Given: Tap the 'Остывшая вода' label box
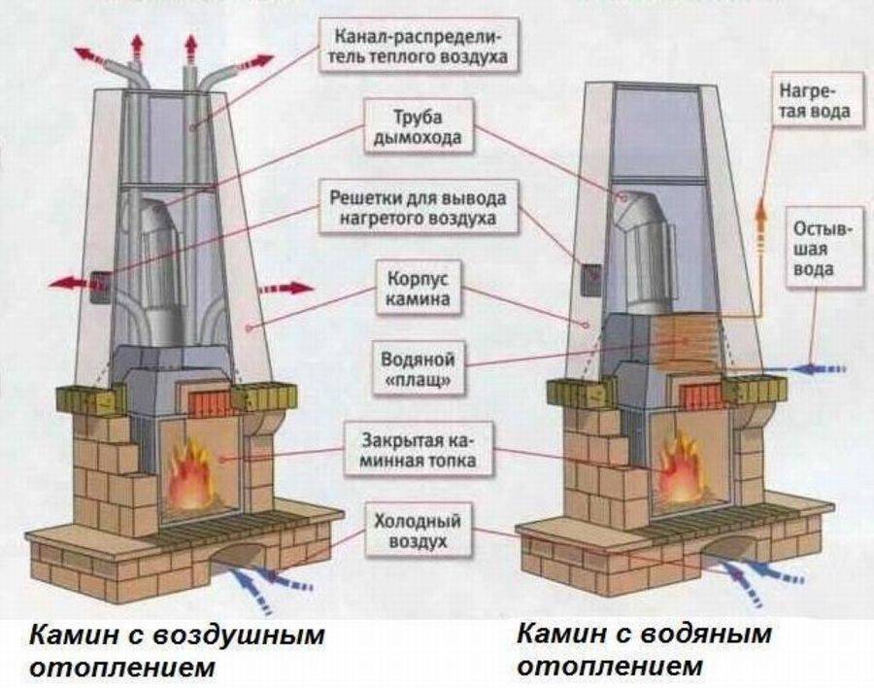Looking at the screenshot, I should pyautogui.click(x=824, y=248).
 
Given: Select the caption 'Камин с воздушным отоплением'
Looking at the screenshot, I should pyautogui.click(x=175, y=652).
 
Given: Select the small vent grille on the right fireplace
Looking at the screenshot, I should pyautogui.click(x=590, y=277).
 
